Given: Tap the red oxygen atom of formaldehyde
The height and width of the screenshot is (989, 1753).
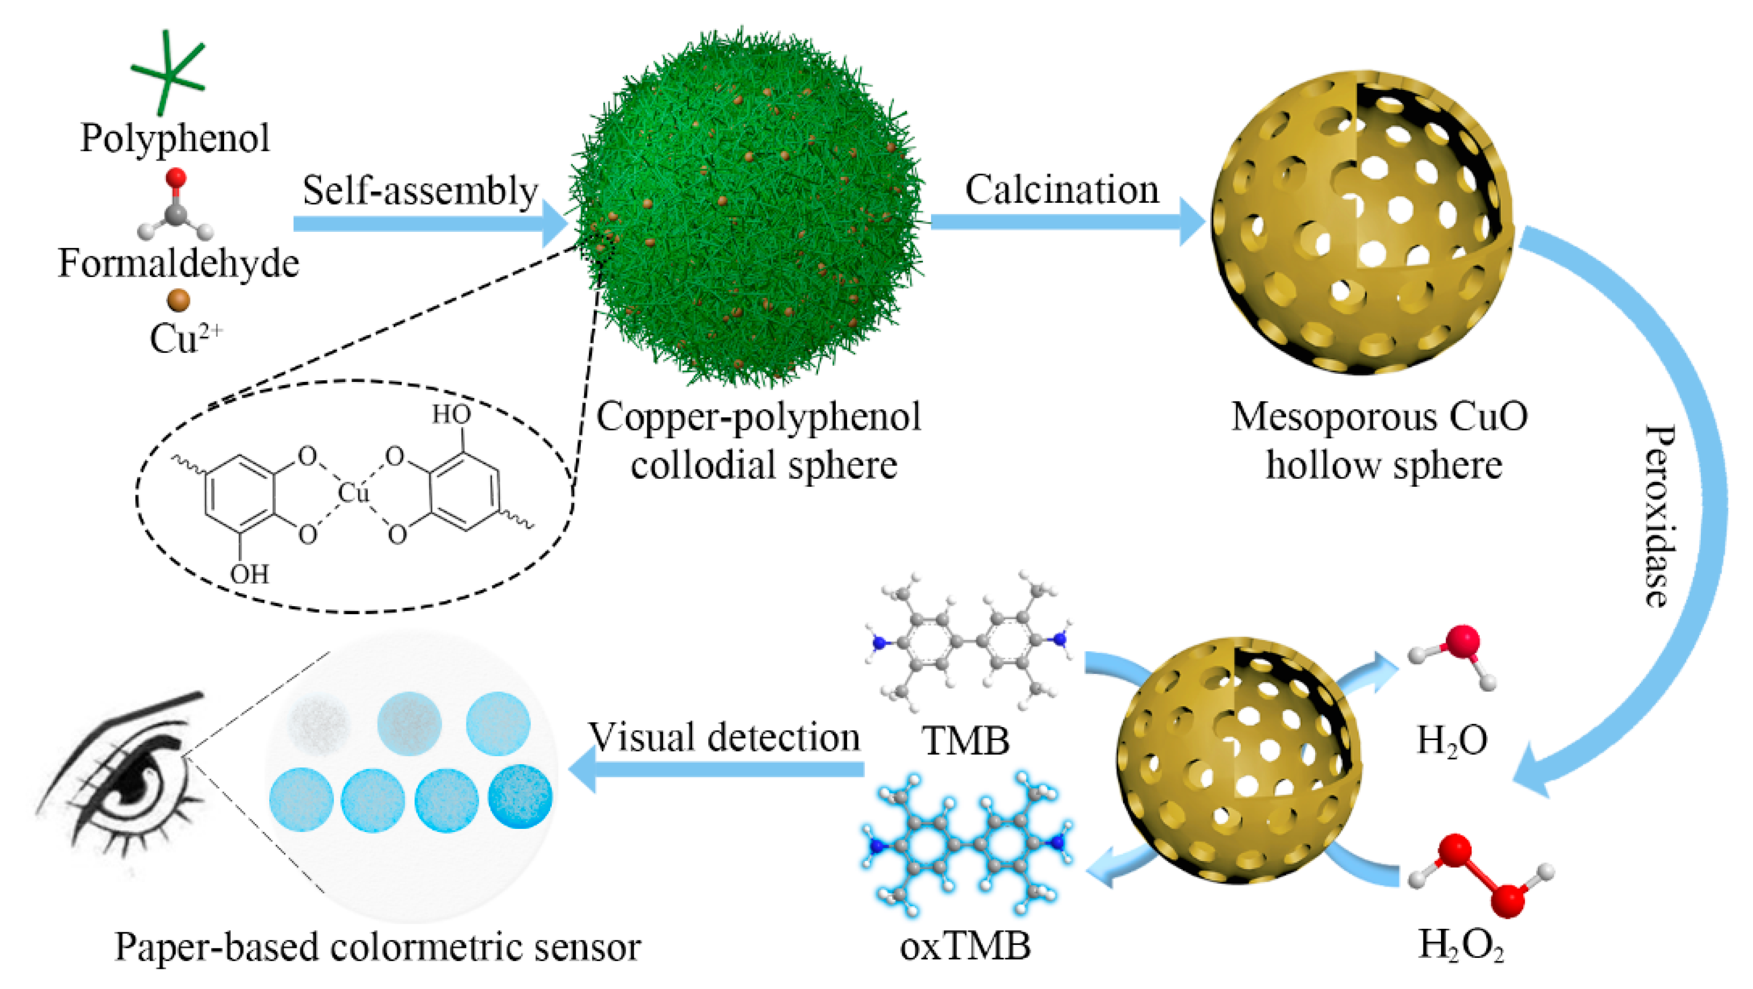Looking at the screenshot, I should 176,178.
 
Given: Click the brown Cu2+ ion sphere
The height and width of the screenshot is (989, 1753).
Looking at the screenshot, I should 178,300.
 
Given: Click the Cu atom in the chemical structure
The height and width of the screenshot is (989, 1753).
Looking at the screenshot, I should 353,493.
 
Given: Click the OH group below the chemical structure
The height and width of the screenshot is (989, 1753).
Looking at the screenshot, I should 249,575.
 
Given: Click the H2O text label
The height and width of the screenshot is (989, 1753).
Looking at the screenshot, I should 1451,741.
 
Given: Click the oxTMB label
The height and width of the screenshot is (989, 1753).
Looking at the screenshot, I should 965,946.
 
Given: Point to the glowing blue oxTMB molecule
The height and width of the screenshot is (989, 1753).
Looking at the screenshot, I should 967,844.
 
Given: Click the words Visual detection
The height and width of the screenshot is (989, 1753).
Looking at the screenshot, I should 724,737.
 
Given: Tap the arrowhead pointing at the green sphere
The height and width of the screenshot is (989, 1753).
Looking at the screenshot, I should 555,223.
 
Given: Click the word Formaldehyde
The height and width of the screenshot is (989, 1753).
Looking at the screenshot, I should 178,263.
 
